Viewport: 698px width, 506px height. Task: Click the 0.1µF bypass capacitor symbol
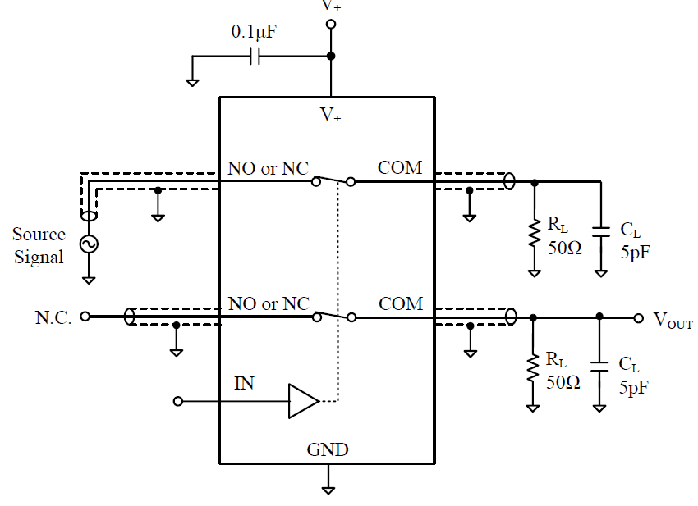(x=255, y=57)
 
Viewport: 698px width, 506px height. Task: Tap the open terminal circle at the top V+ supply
(x=331, y=25)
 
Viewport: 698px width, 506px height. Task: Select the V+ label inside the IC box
(x=331, y=115)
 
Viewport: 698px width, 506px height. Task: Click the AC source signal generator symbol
(x=88, y=244)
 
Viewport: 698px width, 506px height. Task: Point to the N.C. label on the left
(x=53, y=317)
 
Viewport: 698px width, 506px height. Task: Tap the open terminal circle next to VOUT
(x=637, y=317)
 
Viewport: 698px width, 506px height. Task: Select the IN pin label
(x=245, y=382)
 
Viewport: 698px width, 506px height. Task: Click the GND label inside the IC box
(x=328, y=449)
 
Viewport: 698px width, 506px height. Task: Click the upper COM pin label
(x=400, y=167)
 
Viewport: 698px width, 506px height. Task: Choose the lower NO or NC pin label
(x=269, y=303)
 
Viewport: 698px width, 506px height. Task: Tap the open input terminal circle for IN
(x=177, y=402)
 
